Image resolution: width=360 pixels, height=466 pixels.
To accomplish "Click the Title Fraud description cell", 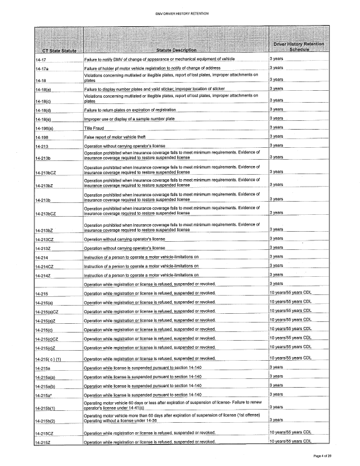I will [x=97, y=128].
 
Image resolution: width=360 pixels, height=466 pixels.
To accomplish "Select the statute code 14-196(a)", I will [x=48, y=128].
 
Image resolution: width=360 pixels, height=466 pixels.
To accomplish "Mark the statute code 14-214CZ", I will [x=47, y=266].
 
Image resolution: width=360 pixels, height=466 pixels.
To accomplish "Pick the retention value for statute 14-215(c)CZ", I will [x=290, y=338].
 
